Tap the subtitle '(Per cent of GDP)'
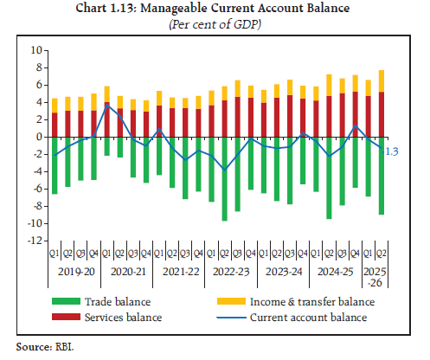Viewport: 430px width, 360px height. click(215, 24)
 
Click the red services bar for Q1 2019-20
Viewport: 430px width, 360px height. click(55, 125)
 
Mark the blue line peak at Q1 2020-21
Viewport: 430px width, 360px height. click(106, 106)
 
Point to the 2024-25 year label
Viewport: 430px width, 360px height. click(333, 271)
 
